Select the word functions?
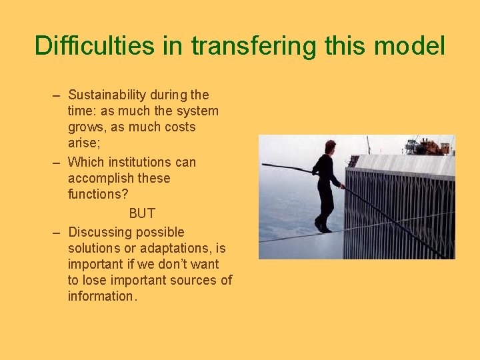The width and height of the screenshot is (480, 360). [98, 194]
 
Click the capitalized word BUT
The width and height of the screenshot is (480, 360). [141, 213]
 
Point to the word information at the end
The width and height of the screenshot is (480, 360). [102, 296]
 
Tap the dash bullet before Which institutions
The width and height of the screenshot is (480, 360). [57, 162]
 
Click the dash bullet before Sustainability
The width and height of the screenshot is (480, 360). [57, 95]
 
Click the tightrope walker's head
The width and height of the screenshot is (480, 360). [329, 146]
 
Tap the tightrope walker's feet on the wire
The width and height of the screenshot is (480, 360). [323, 228]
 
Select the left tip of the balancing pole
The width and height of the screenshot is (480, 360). [263, 165]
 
